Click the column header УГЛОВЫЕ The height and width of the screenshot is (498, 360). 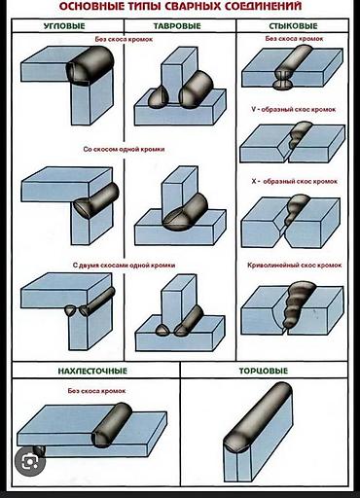tap(64, 26)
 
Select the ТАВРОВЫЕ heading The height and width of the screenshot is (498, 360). tap(177, 26)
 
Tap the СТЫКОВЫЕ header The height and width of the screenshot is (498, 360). tap(293, 26)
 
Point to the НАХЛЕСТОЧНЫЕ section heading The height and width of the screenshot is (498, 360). tap(92, 371)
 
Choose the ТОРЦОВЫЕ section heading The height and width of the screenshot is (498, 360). tap(264, 371)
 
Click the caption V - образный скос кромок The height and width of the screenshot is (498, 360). tap(294, 109)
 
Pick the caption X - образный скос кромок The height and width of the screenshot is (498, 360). tap(295, 181)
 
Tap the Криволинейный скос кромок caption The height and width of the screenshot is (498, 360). tap(295, 266)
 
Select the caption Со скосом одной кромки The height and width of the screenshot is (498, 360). tap(124, 150)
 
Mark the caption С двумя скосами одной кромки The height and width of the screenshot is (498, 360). tap(124, 266)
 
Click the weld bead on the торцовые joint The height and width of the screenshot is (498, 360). tap(259, 417)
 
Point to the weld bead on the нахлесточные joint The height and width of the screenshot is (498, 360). tap(112, 425)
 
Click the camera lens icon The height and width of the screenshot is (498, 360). tap(29, 462)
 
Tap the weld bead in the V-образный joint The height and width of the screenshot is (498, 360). tap(299, 134)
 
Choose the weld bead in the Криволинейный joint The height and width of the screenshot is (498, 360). tap(298, 303)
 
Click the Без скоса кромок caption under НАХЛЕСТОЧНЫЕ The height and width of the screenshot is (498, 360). tap(96, 391)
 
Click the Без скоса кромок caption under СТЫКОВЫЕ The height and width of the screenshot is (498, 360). tap(294, 39)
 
